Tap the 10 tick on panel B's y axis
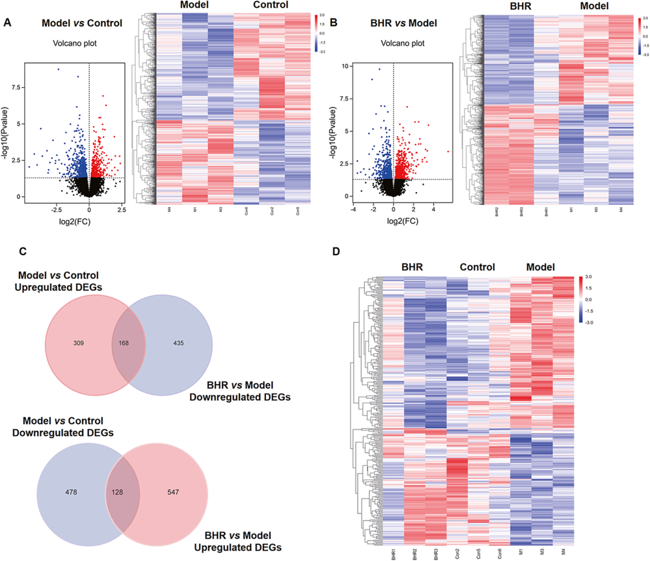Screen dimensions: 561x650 pyautogui.click(x=346, y=66)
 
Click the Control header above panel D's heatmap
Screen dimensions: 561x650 pyautogui.click(x=477, y=267)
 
